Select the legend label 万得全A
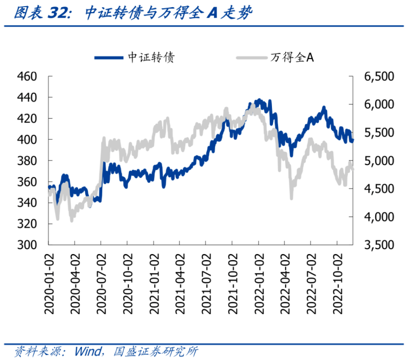(293, 57)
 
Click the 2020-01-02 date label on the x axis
(49, 282)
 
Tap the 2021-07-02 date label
(206, 282)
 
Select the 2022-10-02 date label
(337, 282)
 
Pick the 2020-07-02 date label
(101, 282)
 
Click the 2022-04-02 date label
(285, 282)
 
